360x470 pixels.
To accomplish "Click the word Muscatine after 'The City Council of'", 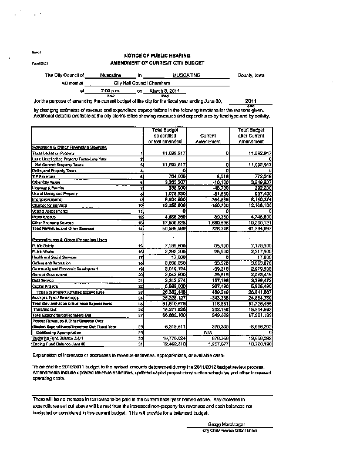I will pyautogui.click(x=110, y=76).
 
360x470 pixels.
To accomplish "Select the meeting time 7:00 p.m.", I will pyautogui.click(x=110, y=91).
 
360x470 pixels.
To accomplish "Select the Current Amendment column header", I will pyautogui.click(x=206, y=139).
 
